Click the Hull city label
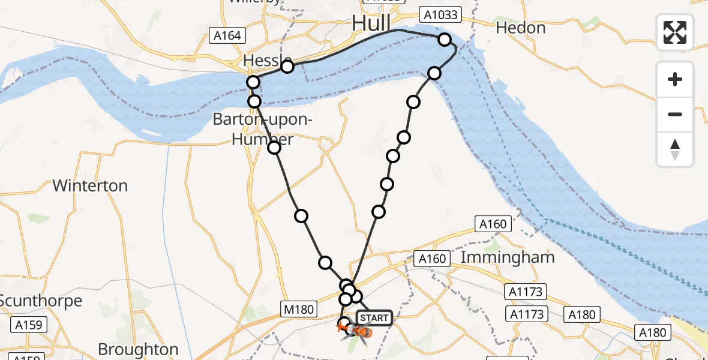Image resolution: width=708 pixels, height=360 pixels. [371, 24]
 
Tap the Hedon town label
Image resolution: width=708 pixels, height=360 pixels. [521, 28]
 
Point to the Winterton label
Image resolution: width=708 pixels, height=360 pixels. [90, 185]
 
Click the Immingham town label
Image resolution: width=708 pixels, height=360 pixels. [508, 257]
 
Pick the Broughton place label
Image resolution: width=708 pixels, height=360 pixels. [138, 349]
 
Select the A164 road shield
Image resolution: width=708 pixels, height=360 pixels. [227, 35]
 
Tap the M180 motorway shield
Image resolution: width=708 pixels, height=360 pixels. [298, 309]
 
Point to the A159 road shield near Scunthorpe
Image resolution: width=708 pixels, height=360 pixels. [28, 325]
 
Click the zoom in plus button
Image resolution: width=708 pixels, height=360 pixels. [675, 79]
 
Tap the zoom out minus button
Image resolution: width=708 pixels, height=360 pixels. [675, 114]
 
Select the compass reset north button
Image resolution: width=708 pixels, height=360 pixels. [675, 149]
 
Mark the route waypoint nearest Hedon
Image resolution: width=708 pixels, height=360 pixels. [445, 40]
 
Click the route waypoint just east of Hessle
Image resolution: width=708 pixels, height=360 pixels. [287, 66]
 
